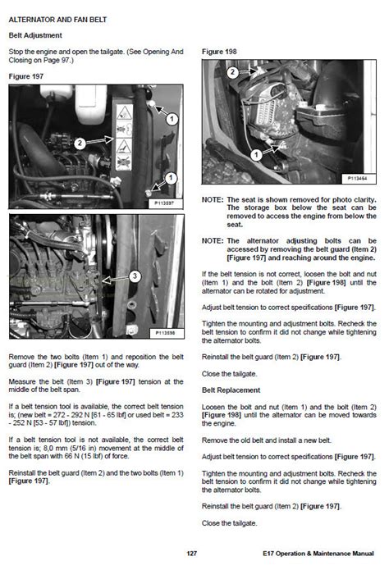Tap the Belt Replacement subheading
click(x=231, y=390)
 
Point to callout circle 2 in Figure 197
click(x=80, y=143)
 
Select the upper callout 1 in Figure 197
click(x=172, y=119)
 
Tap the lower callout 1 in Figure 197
click(x=171, y=177)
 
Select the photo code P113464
click(x=358, y=177)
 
